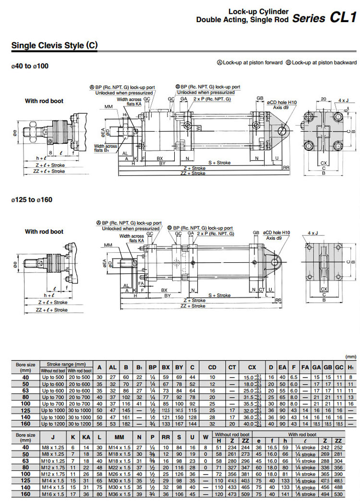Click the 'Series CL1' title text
click(324, 18)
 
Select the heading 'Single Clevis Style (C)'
click(54, 46)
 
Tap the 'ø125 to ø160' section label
click(31, 200)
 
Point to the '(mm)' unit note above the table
click(351, 356)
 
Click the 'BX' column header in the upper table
click(166, 367)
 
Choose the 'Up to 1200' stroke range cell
click(53, 424)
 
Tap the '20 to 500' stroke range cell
click(80, 377)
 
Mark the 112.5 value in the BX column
click(166, 411)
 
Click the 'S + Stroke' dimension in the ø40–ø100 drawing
click(219, 162)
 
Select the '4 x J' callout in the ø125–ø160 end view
click(312, 233)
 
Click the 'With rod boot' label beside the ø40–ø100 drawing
click(44, 101)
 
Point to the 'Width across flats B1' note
click(106, 148)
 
